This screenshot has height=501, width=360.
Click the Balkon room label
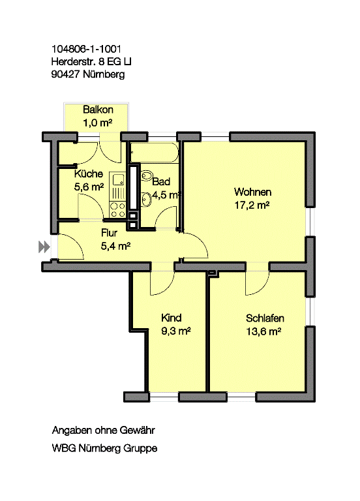tap(98, 110)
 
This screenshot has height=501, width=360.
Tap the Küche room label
tap(89, 174)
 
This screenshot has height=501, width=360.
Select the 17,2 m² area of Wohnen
tap(252, 205)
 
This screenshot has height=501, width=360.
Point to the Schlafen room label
tap(265, 318)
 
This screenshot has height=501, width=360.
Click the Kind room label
tap(172, 318)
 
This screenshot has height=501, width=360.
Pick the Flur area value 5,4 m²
tap(115, 246)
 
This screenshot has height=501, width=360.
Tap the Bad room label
tap(161, 181)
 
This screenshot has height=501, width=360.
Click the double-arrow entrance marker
tap(44, 247)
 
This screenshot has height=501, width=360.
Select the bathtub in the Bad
tap(155, 152)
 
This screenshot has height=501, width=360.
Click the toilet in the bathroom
tap(146, 175)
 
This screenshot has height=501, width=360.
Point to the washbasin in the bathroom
tap(146, 200)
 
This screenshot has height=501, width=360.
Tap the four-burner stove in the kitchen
tap(117, 209)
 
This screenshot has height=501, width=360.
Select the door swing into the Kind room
tap(162, 283)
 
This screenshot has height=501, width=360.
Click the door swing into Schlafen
tap(257, 283)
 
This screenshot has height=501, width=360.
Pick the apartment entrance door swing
tap(71, 247)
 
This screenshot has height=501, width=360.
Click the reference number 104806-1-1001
tap(86, 49)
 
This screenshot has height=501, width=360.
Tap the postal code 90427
tap(65, 74)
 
